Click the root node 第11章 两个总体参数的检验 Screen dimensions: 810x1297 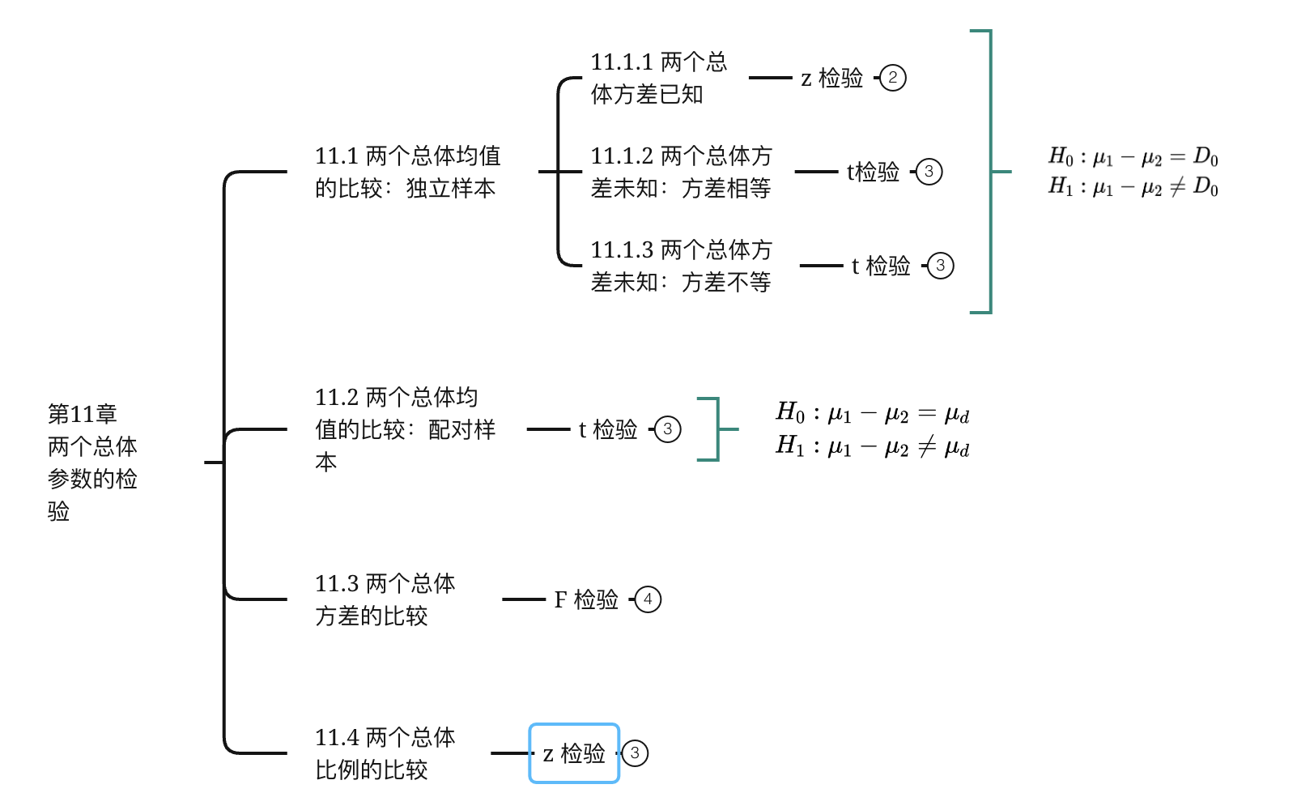coord(92,462)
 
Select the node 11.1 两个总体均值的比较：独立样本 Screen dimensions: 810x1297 coord(407,172)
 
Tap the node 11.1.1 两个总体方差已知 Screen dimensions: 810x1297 coord(658,78)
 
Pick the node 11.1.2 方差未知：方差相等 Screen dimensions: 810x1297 coord(681,172)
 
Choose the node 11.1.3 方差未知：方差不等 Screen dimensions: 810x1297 coord(681,266)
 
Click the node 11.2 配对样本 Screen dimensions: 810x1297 coord(405,429)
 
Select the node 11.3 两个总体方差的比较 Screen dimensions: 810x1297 coord(385,599)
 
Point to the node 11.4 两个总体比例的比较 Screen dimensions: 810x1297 coord(385,753)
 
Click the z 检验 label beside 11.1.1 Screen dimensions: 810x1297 coord(831,78)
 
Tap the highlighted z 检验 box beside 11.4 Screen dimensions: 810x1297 coord(574,753)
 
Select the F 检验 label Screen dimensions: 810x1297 coord(586,599)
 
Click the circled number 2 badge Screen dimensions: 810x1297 coord(892,78)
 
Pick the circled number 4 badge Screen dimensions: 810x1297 coord(648,599)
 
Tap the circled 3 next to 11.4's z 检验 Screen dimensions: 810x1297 coord(635,753)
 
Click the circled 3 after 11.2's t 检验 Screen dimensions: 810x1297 coord(667,429)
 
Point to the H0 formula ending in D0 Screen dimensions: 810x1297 coord(1133,156)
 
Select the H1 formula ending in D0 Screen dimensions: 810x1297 coord(1133,187)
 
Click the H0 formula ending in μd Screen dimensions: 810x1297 coord(872,413)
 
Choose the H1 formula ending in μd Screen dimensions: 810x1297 coord(872,446)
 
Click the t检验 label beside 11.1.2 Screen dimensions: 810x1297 coord(873,172)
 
